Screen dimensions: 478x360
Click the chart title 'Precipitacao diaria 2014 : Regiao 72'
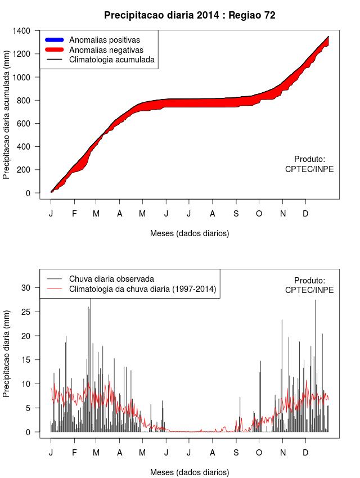pyautogui.click(x=190, y=15)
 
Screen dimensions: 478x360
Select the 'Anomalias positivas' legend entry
pyautogui.click(x=104, y=40)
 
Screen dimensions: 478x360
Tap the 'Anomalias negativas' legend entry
pyautogui.click(x=106, y=49)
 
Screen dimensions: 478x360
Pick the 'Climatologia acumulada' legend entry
pyautogui.click(x=111, y=59)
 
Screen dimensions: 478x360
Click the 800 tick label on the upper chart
pyautogui.click(x=24, y=100)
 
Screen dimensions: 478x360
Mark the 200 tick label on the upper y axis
pyautogui.click(x=24, y=170)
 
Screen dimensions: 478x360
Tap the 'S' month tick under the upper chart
pyautogui.click(x=236, y=214)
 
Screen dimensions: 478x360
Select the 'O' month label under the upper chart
pyautogui.click(x=259, y=214)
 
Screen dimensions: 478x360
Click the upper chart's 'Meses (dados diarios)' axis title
pyautogui.click(x=190, y=233)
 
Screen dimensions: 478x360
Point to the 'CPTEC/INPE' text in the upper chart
pyautogui.click(x=309, y=169)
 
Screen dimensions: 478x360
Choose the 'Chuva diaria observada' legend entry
pyautogui.click(x=111, y=278)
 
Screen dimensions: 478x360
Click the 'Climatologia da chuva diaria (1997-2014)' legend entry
pyautogui.click(x=142, y=289)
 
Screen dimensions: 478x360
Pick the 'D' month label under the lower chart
pyautogui.click(x=305, y=453)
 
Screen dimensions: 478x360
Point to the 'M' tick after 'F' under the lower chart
pyautogui.click(x=96, y=453)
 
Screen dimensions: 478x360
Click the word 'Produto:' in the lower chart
pyautogui.click(x=309, y=281)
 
